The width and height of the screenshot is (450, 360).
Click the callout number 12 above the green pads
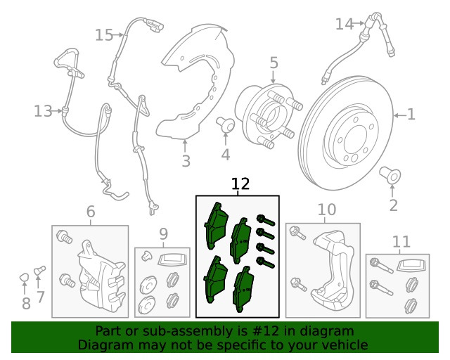click(240, 184)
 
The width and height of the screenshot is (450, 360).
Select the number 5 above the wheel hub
click(274, 63)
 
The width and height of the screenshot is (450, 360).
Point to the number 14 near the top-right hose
click(344, 24)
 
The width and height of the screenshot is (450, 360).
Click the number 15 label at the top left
click(104, 34)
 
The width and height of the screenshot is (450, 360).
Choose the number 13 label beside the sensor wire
click(43, 110)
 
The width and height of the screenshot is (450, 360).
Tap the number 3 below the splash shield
click(186, 162)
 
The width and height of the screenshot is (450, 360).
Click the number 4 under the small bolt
click(225, 154)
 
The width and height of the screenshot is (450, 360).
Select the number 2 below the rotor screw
click(393, 205)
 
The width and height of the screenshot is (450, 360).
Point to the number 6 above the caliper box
click(90, 212)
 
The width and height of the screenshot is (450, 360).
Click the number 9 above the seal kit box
click(163, 233)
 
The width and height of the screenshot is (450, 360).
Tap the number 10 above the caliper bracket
click(327, 209)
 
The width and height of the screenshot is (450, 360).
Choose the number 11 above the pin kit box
click(401, 243)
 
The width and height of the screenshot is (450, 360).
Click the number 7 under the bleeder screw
click(40, 297)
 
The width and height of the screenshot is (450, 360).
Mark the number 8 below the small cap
click(26, 304)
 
